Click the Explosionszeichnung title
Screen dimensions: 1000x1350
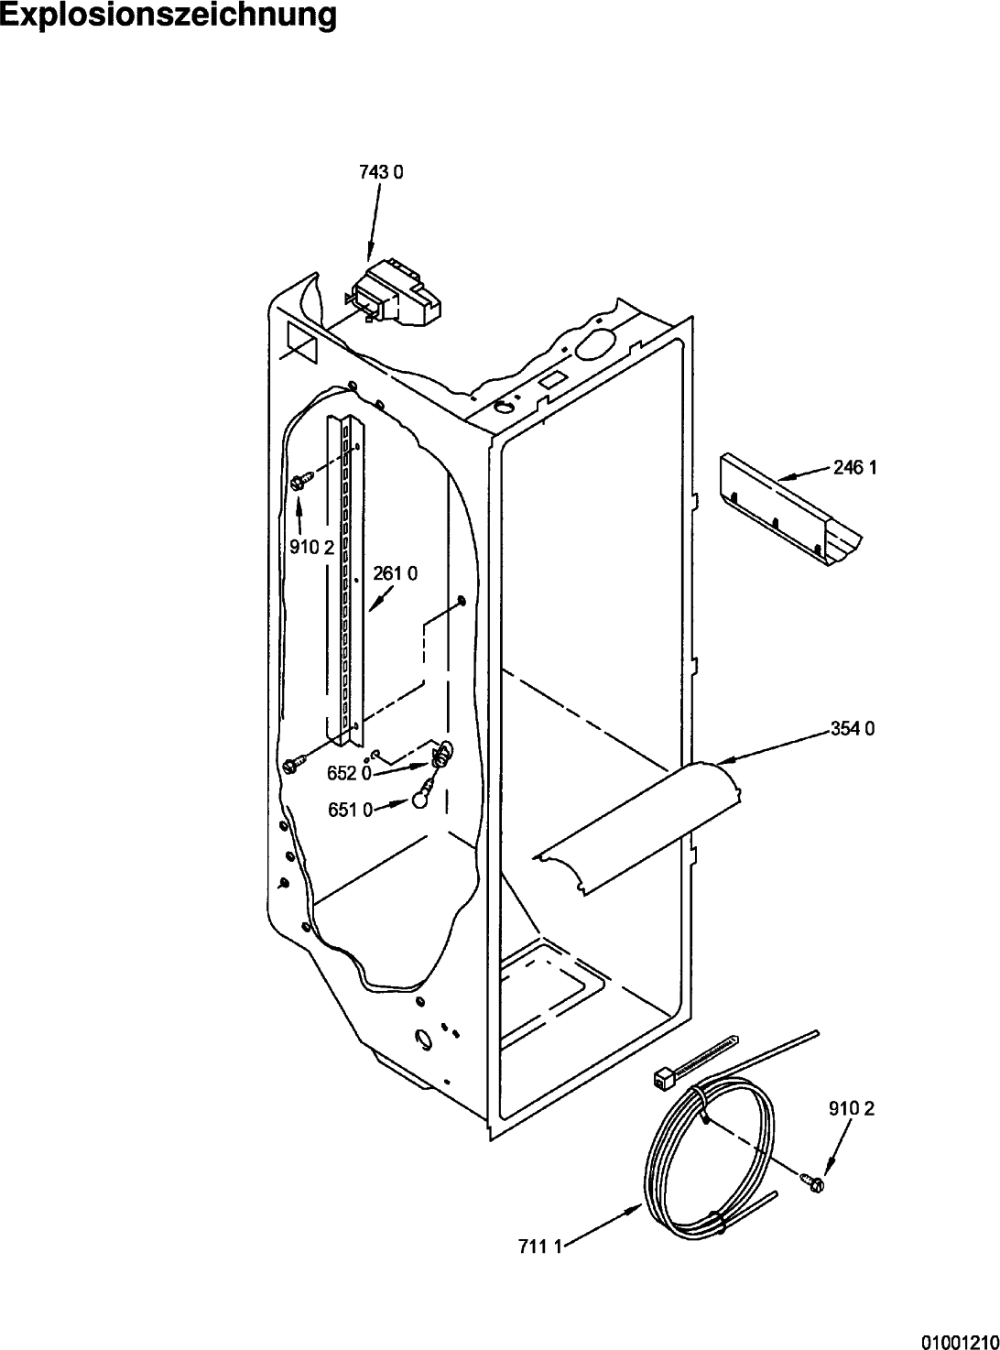pyautogui.click(x=168, y=16)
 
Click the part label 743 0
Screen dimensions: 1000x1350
pyautogui.click(x=381, y=173)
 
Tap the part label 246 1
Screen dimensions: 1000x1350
pyautogui.click(x=855, y=467)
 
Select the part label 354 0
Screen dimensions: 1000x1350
pyautogui.click(x=853, y=728)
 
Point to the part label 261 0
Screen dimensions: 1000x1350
pyautogui.click(x=395, y=573)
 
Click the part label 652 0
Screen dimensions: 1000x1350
pyautogui.click(x=350, y=773)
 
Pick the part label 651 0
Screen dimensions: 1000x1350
pyautogui.click(x=350, y=811)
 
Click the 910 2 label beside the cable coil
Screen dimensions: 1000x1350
pyautogui.click(x=852, y=1108)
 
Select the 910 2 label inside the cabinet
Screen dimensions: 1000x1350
pyautogui.click(x=311, y=548)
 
